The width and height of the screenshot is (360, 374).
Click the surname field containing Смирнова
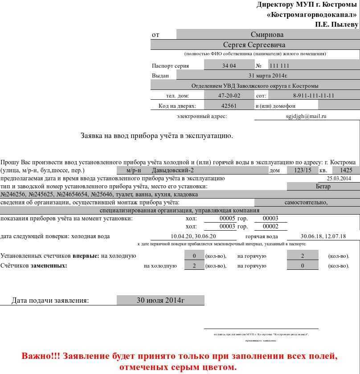[267, 35]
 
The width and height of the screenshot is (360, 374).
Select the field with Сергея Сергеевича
[254, 45]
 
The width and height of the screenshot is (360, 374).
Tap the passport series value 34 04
[229, 66]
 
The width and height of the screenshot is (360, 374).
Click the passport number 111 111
[279, 66]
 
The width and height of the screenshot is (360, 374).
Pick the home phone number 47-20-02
[229, 96]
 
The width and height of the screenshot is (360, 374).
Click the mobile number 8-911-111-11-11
[313, 96]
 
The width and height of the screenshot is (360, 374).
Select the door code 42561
[229, 106]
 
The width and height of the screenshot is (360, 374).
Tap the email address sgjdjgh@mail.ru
[306, 116]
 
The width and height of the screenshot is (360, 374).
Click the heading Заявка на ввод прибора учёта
[156, 135]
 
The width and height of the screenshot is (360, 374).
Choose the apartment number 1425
[346, 170]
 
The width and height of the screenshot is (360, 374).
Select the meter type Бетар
[323, 186]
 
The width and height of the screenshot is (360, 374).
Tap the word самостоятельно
[306, 202]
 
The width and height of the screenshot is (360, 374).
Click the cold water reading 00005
[227, 218]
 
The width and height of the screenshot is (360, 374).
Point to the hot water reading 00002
[270, 226]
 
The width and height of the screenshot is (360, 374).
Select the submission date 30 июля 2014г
[160, 300]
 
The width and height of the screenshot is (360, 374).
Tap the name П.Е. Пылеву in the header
[336, 24]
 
